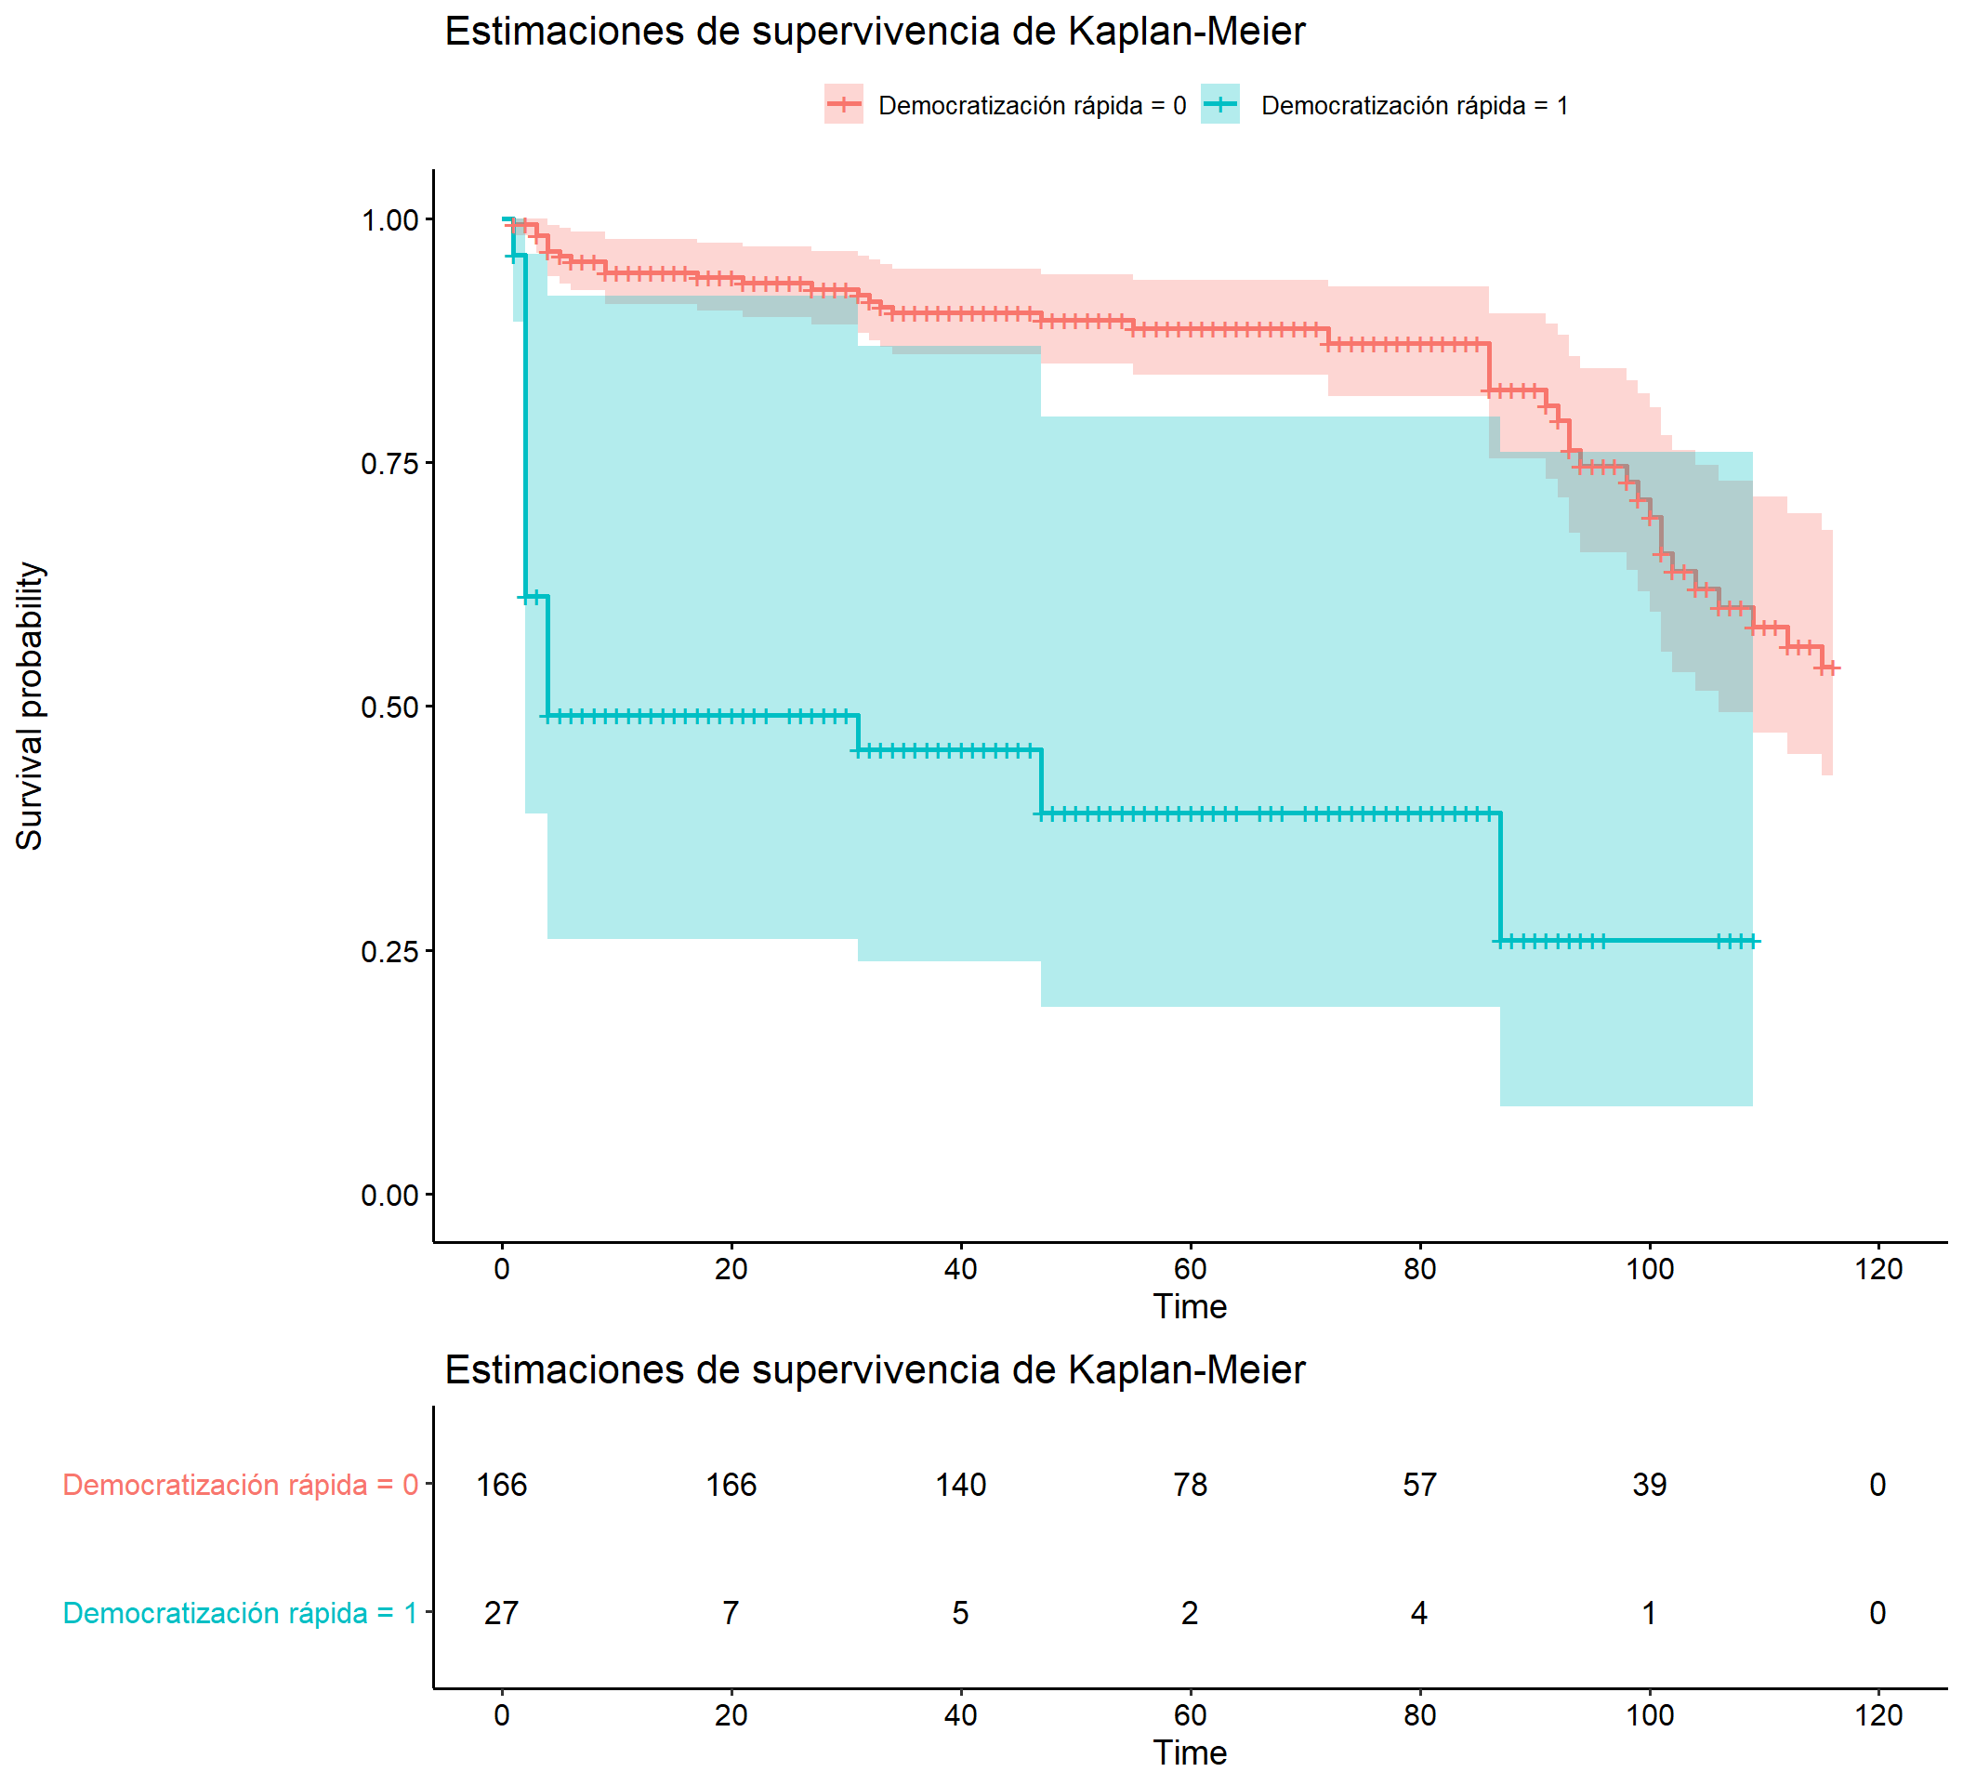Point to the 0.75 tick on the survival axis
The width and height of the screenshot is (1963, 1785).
389,464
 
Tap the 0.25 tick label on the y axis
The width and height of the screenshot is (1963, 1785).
389,951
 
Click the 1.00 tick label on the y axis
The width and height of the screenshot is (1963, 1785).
389,220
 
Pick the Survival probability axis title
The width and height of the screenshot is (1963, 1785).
30,706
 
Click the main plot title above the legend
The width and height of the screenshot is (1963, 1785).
875,32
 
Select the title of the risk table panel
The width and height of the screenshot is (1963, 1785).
875,1370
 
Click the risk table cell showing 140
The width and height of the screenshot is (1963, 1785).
961,1485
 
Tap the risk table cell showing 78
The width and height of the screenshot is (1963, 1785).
1190,1485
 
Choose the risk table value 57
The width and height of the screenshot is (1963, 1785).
1419,1485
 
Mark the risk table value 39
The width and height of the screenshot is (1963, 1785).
1650,1485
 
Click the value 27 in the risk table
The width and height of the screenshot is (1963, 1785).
502,1614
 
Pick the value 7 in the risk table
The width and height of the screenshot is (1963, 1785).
731,1614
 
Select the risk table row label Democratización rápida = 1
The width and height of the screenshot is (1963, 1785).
240,1614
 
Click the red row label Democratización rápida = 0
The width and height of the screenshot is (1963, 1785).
240,1485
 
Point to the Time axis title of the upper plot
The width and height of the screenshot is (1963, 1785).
1190,1307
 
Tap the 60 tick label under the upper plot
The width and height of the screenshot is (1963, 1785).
1190,1270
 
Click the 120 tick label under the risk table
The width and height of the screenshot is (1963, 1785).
1878,1716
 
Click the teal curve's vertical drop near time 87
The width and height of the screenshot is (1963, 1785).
1500,877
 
